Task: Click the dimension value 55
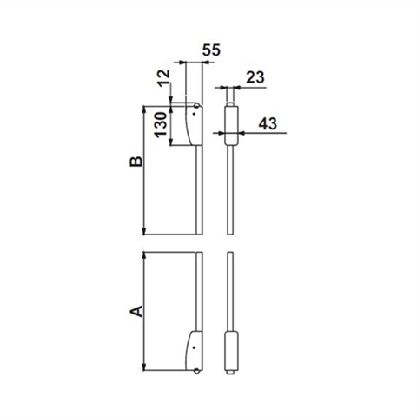point(211,50)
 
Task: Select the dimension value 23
point(255,77)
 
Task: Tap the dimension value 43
point(268,123)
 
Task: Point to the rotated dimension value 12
point(164,77)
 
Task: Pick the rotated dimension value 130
point(161,124)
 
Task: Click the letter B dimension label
point(136,162)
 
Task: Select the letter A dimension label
point(136,311)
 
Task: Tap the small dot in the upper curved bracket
point(195,114)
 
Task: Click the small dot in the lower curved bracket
point(194,347)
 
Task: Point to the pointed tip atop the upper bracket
point(197,104)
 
